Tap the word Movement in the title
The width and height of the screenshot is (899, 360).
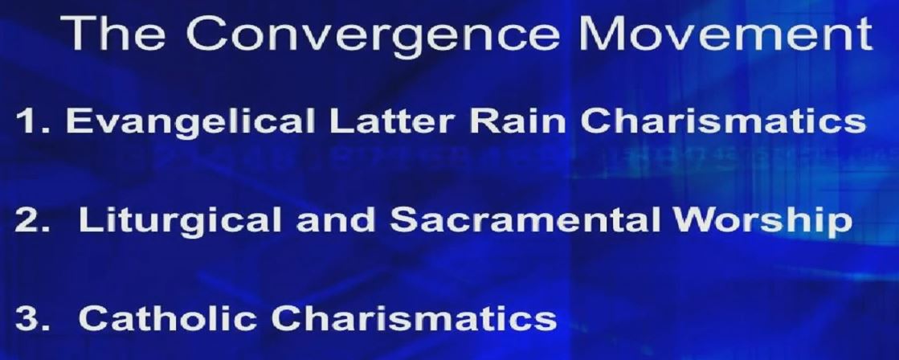tap(725, 33)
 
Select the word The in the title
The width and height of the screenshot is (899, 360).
tap(112, 33)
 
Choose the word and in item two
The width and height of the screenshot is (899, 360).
tap(336, 219)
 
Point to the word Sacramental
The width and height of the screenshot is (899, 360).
tap(526, 219)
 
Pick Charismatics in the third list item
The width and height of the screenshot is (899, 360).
tap(414, 317)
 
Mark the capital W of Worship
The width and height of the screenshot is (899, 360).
tap(695, 219)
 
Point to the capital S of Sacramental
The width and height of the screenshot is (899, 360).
tap(404, 219)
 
